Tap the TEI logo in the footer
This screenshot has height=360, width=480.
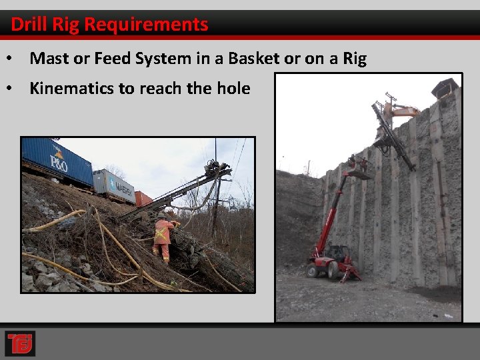pyautogui.click(x=20, y=343)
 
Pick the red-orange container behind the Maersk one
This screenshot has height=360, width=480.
pyautogui.click(x=143, y=198)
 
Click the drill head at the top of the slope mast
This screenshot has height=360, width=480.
pyautogui.click(x=217, y=169)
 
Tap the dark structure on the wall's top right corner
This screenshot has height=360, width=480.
pyautogui.click(x=445, y=87)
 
